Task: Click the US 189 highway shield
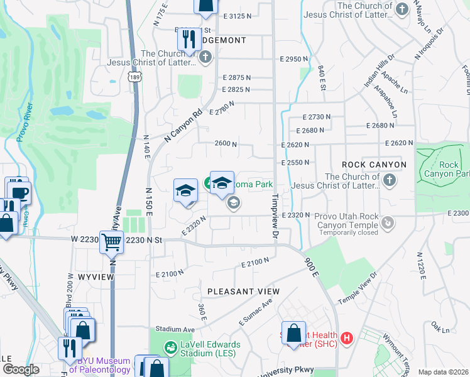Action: (x=133, y=77)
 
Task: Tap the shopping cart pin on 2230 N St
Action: (x=111, y=241)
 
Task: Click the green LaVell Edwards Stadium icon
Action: (x=170, y=347)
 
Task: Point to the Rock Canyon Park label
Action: (x=449, y=169)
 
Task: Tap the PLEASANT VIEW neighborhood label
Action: (x=244, y=292)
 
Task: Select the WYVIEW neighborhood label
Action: (x=94, y=276)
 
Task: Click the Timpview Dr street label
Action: (x=275, y=216)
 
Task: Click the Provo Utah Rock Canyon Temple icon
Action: (x=388, y=222)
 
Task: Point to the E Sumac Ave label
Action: (x=255, y=312)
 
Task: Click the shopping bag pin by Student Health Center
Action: (x=293, y=334)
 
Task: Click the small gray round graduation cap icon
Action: (x=233, y=203)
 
